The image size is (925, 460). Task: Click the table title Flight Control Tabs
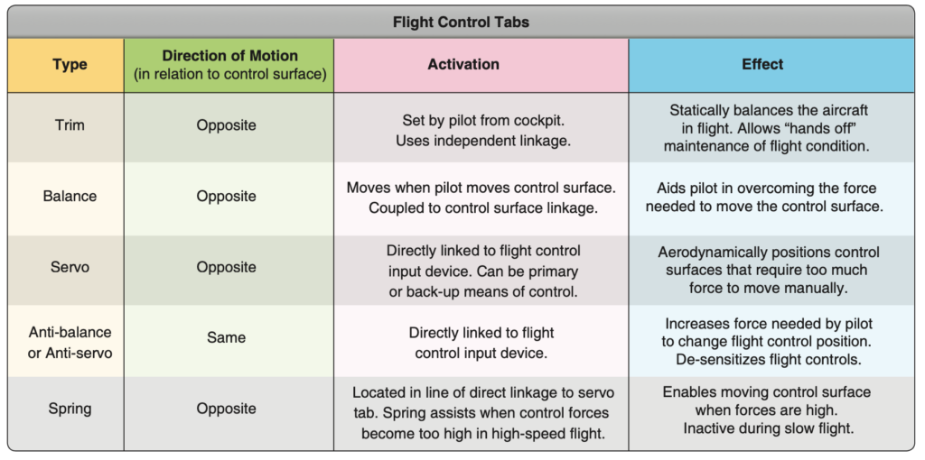point(461,23)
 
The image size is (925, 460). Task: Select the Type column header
point(70,64)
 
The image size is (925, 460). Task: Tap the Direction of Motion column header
point(230,64)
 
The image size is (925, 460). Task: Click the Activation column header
point(463,64)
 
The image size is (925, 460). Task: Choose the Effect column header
point(762,64)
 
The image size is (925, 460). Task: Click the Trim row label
point(70,124)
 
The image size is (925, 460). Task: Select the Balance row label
point(70,196)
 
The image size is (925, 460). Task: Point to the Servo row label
point(70,267)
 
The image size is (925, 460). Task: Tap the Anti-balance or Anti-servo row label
point(70,344)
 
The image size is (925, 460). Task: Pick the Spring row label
point(70,409)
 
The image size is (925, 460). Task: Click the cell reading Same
point(226,337)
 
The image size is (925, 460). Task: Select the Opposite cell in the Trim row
point(226,125)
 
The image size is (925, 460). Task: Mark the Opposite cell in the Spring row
point(226,409)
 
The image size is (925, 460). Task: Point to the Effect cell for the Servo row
point(769,270)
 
